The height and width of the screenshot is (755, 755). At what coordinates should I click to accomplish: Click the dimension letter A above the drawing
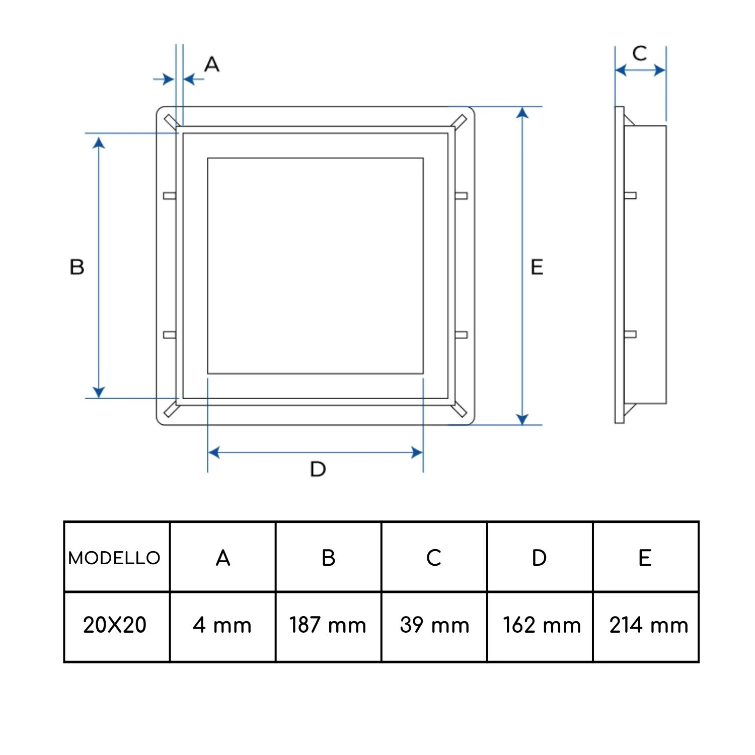point(212,64)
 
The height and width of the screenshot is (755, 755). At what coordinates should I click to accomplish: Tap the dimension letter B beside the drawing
point(77,267)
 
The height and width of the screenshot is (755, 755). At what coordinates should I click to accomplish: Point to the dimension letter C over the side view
point(640,53)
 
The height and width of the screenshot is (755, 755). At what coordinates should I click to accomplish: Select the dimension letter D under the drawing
point(318,469)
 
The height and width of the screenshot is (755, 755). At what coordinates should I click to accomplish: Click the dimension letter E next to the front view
point(537,267)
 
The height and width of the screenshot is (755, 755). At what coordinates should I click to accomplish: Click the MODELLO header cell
point(114,558)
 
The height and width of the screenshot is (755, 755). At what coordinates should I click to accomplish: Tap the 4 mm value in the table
point(222,625)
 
